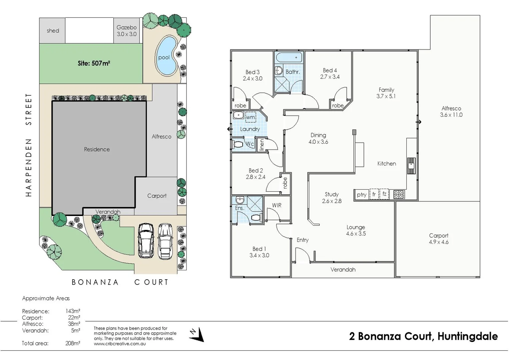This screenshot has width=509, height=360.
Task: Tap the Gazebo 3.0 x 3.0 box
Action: (127, 31)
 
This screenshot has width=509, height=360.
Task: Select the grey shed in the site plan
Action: (52, 31)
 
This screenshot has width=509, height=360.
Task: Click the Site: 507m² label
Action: (94, 63)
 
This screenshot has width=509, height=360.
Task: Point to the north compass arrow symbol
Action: (198, 334)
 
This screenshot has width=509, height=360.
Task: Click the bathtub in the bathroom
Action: (289, 57)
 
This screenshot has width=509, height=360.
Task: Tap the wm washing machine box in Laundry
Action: (250, 117)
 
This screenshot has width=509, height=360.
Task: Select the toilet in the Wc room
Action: (238, 145)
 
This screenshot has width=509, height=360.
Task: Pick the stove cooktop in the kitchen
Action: (399, 194)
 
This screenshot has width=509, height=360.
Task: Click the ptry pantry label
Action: (361, 195)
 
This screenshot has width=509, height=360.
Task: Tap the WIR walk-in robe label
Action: (277, 205)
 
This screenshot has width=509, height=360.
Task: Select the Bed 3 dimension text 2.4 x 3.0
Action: (252, 79)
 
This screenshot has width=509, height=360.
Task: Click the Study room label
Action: (332, 194)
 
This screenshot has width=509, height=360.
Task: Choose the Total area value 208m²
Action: (73, 343)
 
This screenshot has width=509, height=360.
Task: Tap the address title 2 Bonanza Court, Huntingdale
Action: (423, 336)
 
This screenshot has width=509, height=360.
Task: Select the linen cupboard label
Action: (262, 145)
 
